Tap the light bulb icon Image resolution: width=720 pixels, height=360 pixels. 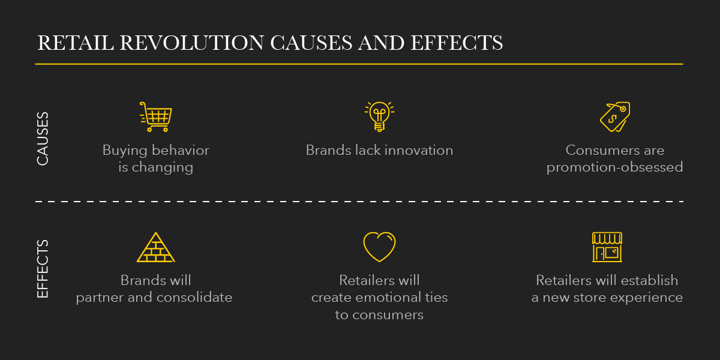(x=379, y=116)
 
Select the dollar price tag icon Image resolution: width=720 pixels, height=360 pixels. (x=615, y=116)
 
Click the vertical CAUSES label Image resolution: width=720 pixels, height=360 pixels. (x=43, y=139)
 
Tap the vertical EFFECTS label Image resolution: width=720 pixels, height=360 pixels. (x=43, y=269)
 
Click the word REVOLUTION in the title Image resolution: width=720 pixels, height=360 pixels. (x=192, y=43)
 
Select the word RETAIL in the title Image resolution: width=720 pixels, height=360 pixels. (x=76, y=43)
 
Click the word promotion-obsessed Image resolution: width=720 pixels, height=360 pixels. (x=614, y=167)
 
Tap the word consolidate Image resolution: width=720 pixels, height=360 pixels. (x=194, y=298)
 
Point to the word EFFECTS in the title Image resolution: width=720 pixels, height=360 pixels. (x=457, y=43)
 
